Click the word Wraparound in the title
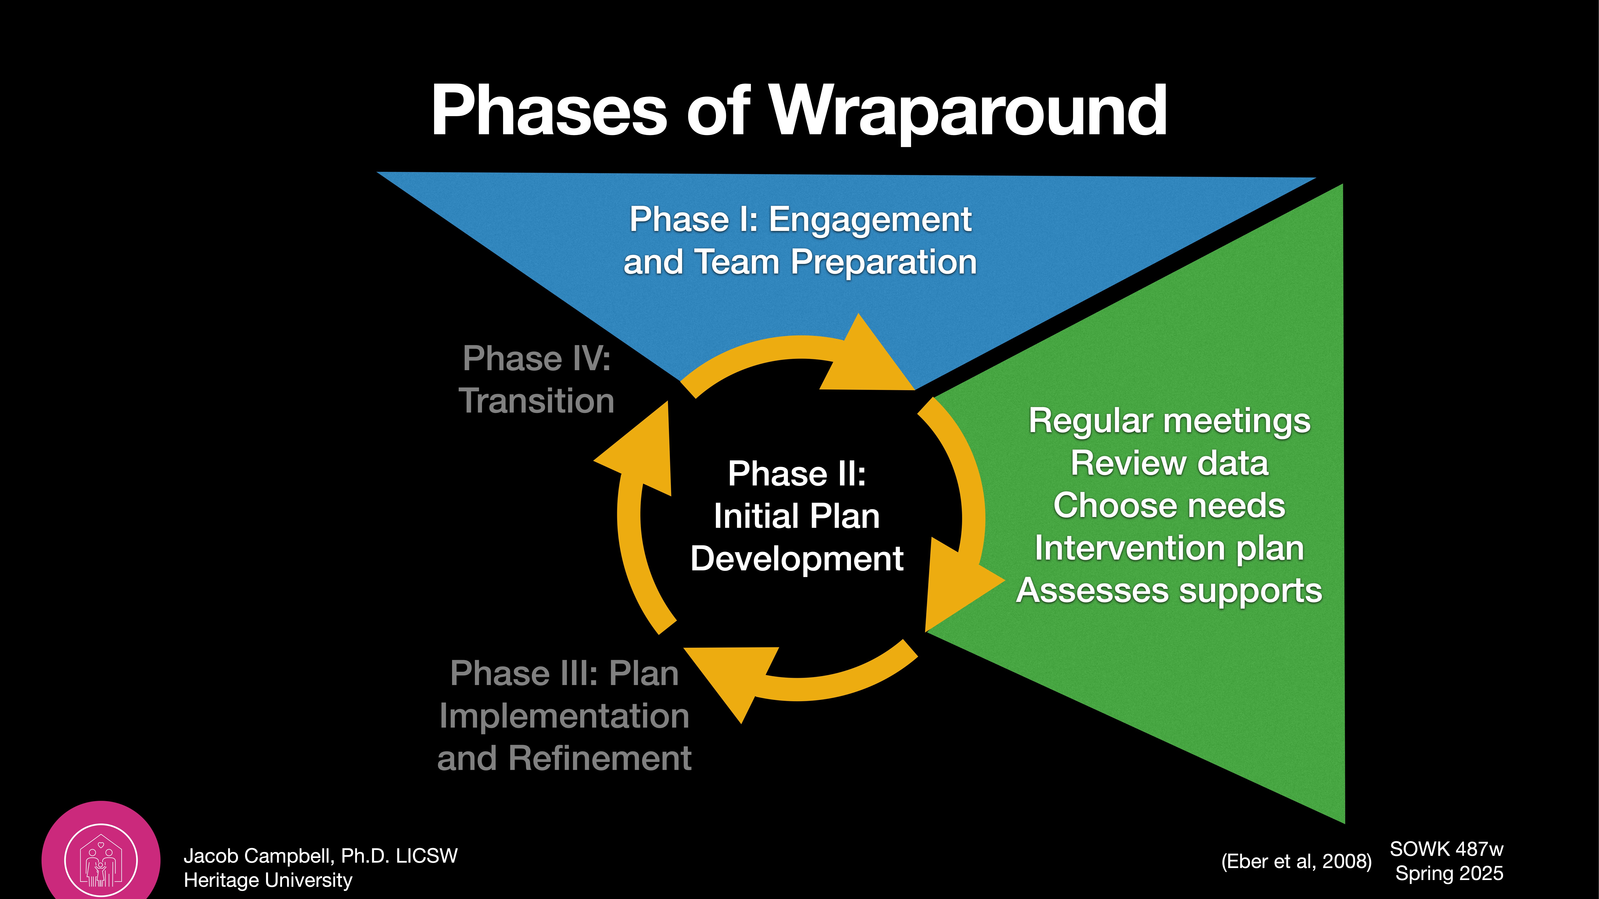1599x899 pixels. point(968,112)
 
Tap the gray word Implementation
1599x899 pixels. point(564,716)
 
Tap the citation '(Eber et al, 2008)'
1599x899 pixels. point(1296,861)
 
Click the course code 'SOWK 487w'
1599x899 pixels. point(1446,849)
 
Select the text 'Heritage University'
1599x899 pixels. point(268,880)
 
